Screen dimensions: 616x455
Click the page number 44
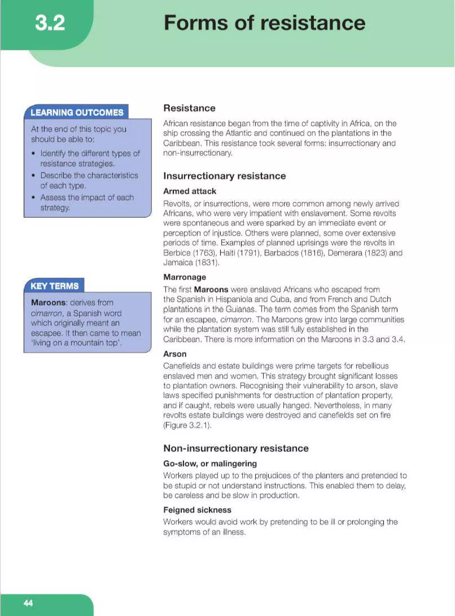pyautogui.click(x=28, y=603)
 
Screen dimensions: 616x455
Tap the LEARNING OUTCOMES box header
pyautogui.click(x=77, y=113)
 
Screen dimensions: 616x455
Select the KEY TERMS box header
pyautogui.click(x=54, y=286)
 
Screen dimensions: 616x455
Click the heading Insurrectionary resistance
pyautogui.click(x=224, y=176)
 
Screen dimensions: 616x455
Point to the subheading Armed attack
pyautogui.click(x=190, y=191)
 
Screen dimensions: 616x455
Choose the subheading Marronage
pyautogui.click(x=185, y=277)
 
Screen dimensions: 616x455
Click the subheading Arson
pyautogui.click(x=175, y=354)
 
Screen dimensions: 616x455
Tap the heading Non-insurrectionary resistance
pyautogui.click(x=236, y=448)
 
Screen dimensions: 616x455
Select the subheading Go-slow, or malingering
pyautogui.click(x=210, y=464)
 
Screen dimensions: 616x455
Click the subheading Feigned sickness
pyautogui.click(x=197, y=510)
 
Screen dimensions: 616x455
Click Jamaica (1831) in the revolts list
pyautogui.click(x=191, y=262)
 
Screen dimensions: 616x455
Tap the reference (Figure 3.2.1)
pyautogui.click(x=187, y=425)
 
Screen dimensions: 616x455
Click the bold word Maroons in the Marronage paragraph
pyautogui.click(x=211, y=289)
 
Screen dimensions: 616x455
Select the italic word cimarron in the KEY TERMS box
pyautogui.click(x=46, y=313)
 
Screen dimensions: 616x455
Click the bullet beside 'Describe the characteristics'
pyautogui.click(x=33, y=175)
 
